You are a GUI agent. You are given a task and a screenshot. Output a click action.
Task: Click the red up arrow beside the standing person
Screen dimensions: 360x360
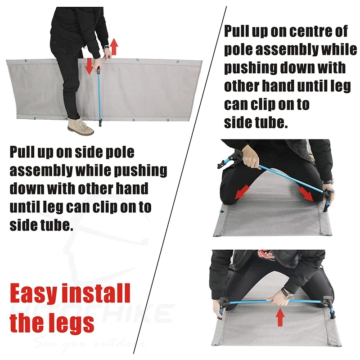114,46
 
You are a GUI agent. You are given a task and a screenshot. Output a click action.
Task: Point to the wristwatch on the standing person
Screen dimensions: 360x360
105,47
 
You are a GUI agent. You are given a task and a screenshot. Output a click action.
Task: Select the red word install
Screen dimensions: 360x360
96,294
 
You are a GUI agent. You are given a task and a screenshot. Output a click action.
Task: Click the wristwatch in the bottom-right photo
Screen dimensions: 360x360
287,295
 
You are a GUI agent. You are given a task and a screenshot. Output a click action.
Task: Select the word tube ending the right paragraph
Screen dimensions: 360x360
271,123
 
